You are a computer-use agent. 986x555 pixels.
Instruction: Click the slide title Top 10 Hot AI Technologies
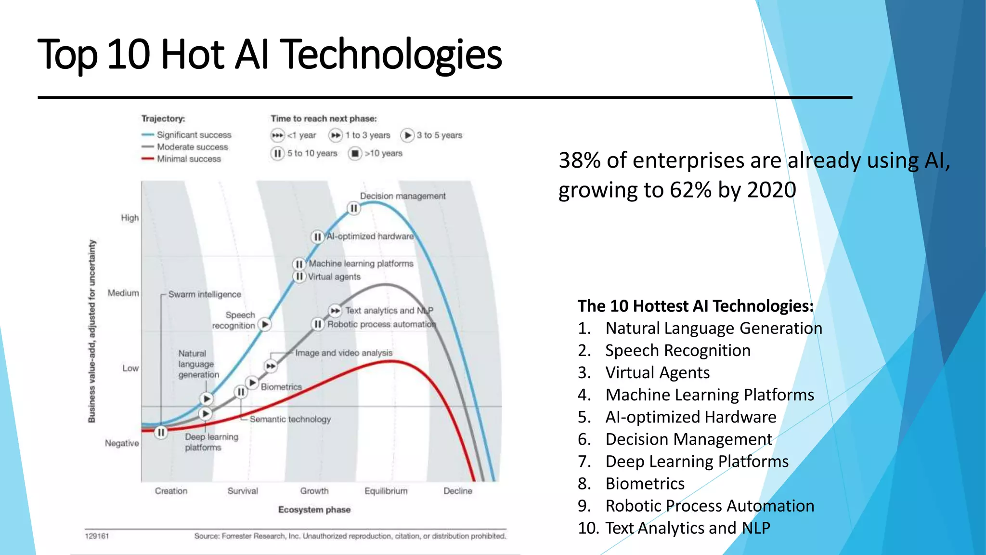pos(270,54)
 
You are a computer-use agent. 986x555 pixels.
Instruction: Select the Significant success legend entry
pos(194,135)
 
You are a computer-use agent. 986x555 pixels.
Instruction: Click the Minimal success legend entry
pos(189,159)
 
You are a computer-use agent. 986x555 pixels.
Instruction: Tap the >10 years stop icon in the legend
pos(355,154)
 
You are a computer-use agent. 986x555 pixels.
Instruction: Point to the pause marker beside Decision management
pos(354,209)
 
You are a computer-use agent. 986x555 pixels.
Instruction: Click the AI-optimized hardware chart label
pos(370,237)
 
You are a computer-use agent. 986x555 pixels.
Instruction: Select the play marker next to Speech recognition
pos(265,325)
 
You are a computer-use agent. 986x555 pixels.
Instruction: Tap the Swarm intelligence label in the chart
pos(205,294)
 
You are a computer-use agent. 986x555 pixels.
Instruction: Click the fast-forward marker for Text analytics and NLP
pos(335,311)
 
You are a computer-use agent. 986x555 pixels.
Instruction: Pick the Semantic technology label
pos(290,420)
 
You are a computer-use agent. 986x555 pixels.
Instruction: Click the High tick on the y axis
pos(130,218)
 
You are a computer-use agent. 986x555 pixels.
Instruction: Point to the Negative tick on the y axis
pos(122,443)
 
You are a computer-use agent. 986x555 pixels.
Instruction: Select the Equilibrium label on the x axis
pos(386,491)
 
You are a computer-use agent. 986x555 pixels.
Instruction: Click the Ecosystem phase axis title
pos(314,510)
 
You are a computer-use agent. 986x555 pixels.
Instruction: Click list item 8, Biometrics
pos(645,484)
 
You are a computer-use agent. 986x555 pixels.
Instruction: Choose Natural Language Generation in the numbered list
pos(714,329)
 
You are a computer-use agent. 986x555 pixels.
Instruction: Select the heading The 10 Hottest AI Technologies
pos(695,306)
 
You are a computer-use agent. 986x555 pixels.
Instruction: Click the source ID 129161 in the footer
pos(97,536)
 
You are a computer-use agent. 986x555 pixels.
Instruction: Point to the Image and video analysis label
pos(344,353)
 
